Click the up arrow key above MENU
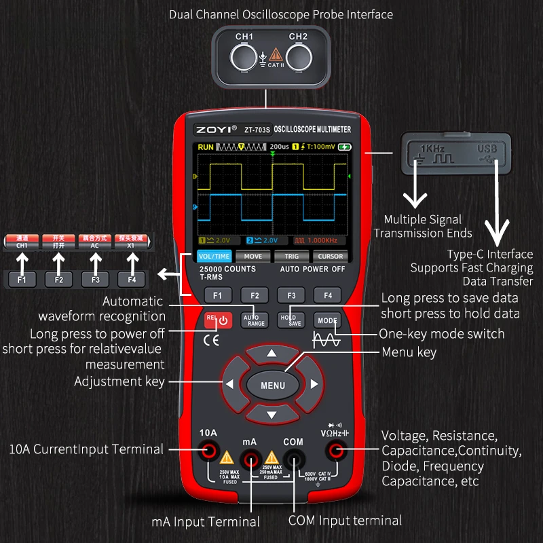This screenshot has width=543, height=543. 272,354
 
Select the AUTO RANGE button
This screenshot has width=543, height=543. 255,319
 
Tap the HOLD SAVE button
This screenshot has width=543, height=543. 291,320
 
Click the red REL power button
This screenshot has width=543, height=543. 218,319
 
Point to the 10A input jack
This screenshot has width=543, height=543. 208,449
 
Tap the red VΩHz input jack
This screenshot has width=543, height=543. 335,449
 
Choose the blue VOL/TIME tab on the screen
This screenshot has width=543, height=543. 214,256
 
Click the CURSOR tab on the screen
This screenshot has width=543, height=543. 330,256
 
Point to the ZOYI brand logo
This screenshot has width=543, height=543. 215,129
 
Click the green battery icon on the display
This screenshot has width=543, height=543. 345,147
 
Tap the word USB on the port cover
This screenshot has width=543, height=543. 488,147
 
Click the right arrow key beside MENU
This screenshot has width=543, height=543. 314,384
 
